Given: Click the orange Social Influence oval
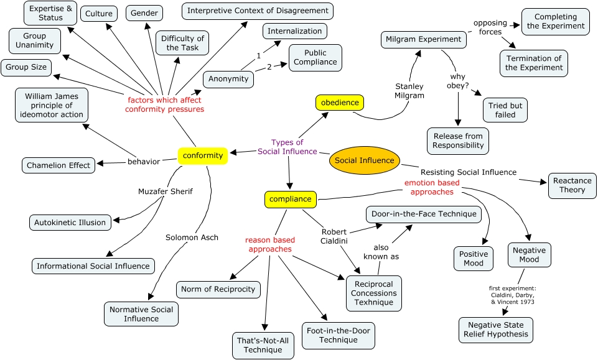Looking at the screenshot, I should (x=364, y=160).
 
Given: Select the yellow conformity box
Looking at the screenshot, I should (x=203, y=156).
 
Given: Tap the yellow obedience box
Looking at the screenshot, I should (x=339, y=102).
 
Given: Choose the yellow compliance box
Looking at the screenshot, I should (x=290, y=200).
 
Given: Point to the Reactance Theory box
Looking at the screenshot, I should (x=572, y=185).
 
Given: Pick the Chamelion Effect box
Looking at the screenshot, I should (x=58, y=165).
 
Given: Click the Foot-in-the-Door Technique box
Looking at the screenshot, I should (x=339, y=335).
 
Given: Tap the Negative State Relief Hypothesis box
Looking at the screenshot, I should (x=495, y=330).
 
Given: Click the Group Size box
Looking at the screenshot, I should (x=26, y=67).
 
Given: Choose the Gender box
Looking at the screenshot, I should (x=144, y=12).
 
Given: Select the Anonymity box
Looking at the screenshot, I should (x=228, y=79).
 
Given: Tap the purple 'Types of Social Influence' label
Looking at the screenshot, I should (x=287, y=147).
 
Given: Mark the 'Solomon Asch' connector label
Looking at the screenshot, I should (x=192, y=237).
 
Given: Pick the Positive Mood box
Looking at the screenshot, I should (x=474, y=259).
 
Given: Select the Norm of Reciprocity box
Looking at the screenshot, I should (x=218, y=289).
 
